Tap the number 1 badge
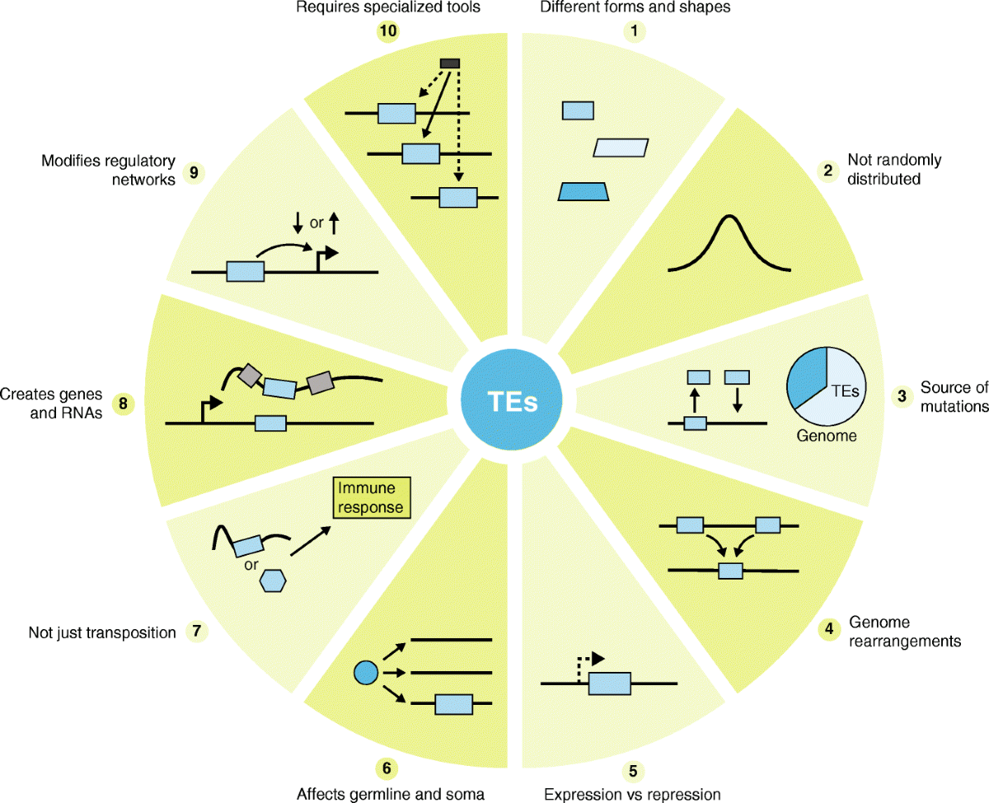pos(633,32)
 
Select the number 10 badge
pos(387,32)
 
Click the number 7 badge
pos(196,632)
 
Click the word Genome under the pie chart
pos(827,436)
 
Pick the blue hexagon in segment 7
pos(273,580)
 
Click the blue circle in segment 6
pos(364,673)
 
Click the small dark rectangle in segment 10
pos(450,63)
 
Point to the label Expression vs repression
pos(632,794)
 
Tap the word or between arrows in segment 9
pos(316,222)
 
